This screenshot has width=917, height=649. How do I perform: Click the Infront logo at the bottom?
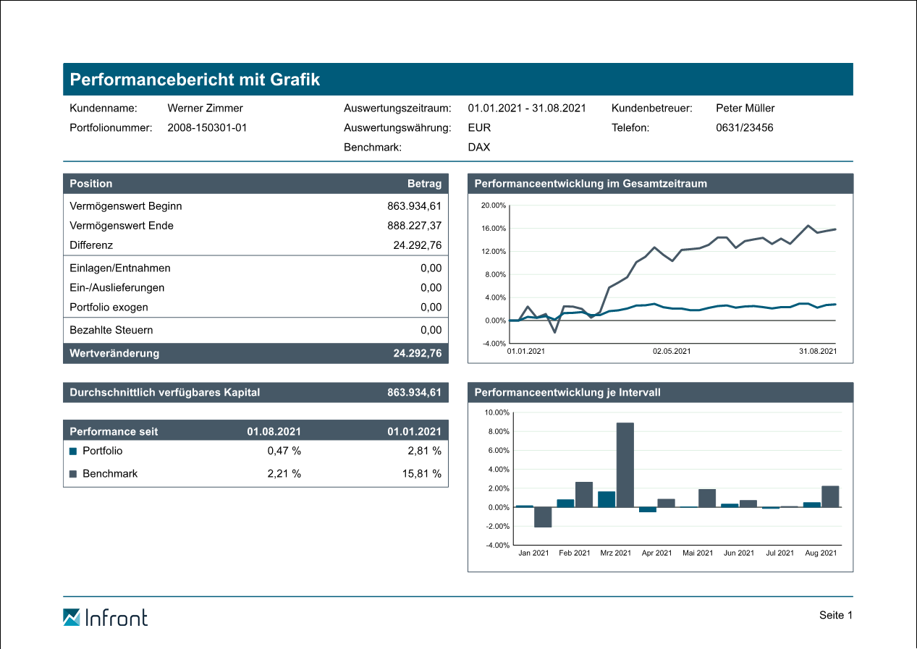pyautogui.click(x=105, y=617)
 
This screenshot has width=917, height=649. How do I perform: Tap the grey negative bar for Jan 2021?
pyautogui.click(x=543, y=517)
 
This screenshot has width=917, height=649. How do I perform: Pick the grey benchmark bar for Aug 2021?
pyautogui.click(x=830, y=496)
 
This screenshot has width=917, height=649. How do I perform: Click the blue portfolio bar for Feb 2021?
pyautogui.click(x=565, y=503)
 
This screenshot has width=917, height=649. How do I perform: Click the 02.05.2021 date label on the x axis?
pyautogui.click(x=672, y=352)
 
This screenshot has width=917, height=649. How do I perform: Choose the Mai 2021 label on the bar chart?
pyautogui.click(x=698, y=553)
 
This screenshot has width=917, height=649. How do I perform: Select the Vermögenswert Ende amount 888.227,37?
pyautogui.click(x=414, y=226)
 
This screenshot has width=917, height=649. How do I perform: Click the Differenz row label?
pyautogui.click(x=91, y=245)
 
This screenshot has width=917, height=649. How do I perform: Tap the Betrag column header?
pyautogui.click(x=424, y=184)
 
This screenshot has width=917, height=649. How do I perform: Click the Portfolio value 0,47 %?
pyautogui.click(x=284, y=451)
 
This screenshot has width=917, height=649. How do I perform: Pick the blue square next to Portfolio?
pyautogui.click(x=72, y=451)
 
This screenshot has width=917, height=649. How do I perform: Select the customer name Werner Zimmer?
pyautogui.click(x=205, y=109)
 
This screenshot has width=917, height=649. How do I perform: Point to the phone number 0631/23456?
pyautogui.click(x=744, y=128)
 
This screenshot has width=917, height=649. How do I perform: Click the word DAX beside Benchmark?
pyautogui.click(x=478, y=148)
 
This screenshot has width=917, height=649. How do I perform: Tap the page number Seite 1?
pyautogui.click(x=836, y=615)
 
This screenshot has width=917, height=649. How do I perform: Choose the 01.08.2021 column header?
pyautogui.click(x=274, y=431)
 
